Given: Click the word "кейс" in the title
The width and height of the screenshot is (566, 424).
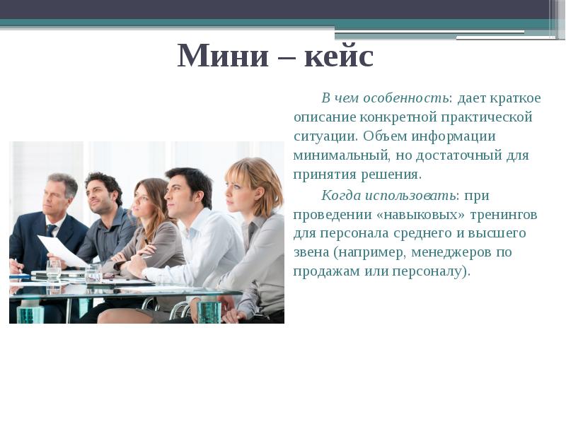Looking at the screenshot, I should click(338, 56).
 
